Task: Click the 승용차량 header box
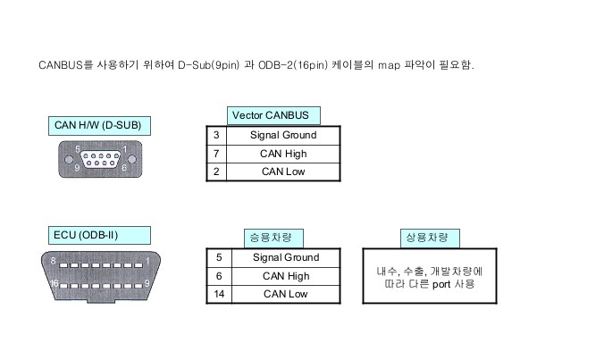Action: tap(273, 237)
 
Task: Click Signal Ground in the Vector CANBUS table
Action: tap(283, 135)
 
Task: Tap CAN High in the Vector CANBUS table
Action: tap(283, 154)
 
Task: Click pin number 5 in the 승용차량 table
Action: tap(219, 257)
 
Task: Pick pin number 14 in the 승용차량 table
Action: tap(219, 294)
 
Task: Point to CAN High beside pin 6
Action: tap(286, 276)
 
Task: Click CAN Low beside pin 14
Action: tap(286, 294)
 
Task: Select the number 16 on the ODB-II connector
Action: tap(55, 282)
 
